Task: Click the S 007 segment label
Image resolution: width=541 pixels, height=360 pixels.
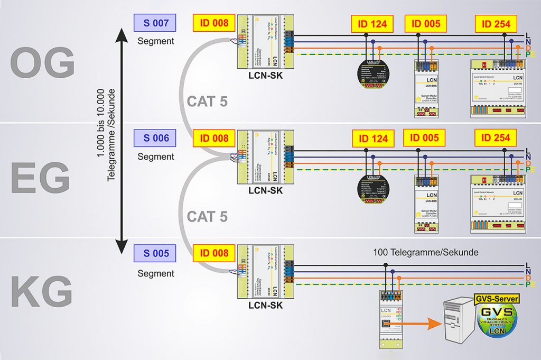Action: point(155,24)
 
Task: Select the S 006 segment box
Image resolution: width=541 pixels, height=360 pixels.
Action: point(155,139)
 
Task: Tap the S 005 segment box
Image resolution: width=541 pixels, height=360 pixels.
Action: point(155,253)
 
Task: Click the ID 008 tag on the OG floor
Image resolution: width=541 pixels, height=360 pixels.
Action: point(214,23)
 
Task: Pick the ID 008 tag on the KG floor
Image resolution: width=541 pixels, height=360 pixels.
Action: point(214,253)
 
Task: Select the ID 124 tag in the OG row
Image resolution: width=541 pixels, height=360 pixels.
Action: point(372,24)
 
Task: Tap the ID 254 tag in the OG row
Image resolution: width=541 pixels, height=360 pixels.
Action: point(496,24)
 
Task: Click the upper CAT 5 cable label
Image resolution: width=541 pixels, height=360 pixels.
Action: point(207,101)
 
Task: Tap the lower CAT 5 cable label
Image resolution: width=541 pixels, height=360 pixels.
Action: point(207,216)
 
